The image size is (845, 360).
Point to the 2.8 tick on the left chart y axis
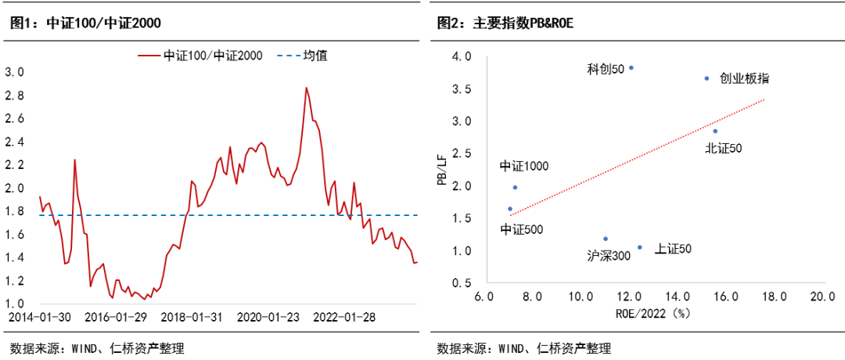coord(15,95)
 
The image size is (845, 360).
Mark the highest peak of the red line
coord(306,88)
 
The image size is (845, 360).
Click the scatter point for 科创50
coord(631,67)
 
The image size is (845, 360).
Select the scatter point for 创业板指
coord(707,78)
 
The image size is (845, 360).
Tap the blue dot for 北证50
coord(715,131)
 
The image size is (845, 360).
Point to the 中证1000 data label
coord(524,166)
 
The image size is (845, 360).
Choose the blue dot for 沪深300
coord(606,239)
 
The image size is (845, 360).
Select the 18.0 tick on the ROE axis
coord(774,297)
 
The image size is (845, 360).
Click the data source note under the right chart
coord(523,348)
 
